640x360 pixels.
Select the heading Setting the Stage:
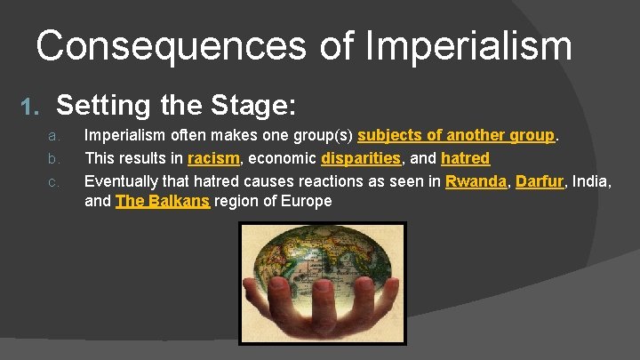(176, 106)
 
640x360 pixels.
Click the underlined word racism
(213, 158)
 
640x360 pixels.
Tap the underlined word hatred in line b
(465, 158)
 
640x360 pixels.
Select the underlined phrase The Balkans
(163, 201)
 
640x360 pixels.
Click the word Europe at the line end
(308, 201)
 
